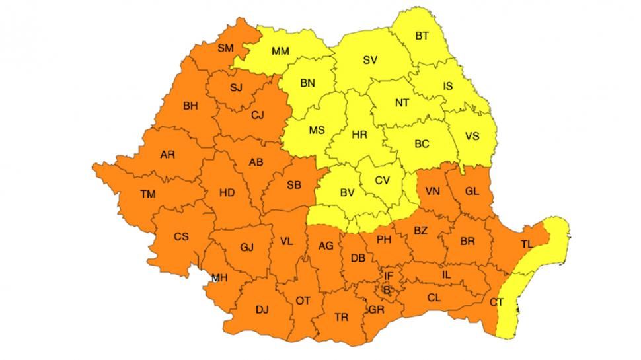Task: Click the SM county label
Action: click(x=225, y=47)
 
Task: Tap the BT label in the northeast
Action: click(x=422, y=36)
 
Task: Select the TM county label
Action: click(x=148, y=194)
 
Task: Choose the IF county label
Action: click(x=389, y=275)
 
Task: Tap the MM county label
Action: click(x=281, y=51)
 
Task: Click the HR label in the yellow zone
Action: click(x=359, y=134)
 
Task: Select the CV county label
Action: click(x=383, y=180)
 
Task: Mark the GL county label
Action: click(x=472, y=191)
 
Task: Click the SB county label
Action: click(x=294, y=185)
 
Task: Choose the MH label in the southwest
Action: click(x=219, y=278)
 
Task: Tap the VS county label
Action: click(x=472, y=136)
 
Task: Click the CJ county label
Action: click(x=258, y=115)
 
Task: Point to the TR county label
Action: click(x=341, y=318)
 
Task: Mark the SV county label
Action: click(x=370, y=60)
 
